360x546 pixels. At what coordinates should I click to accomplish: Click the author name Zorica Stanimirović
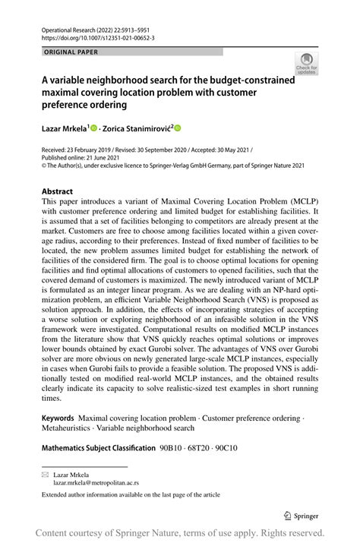tap(139, 129)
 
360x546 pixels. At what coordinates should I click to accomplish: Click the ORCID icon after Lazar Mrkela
tap(96, 129)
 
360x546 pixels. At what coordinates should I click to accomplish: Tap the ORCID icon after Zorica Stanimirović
tap(179, 129)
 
